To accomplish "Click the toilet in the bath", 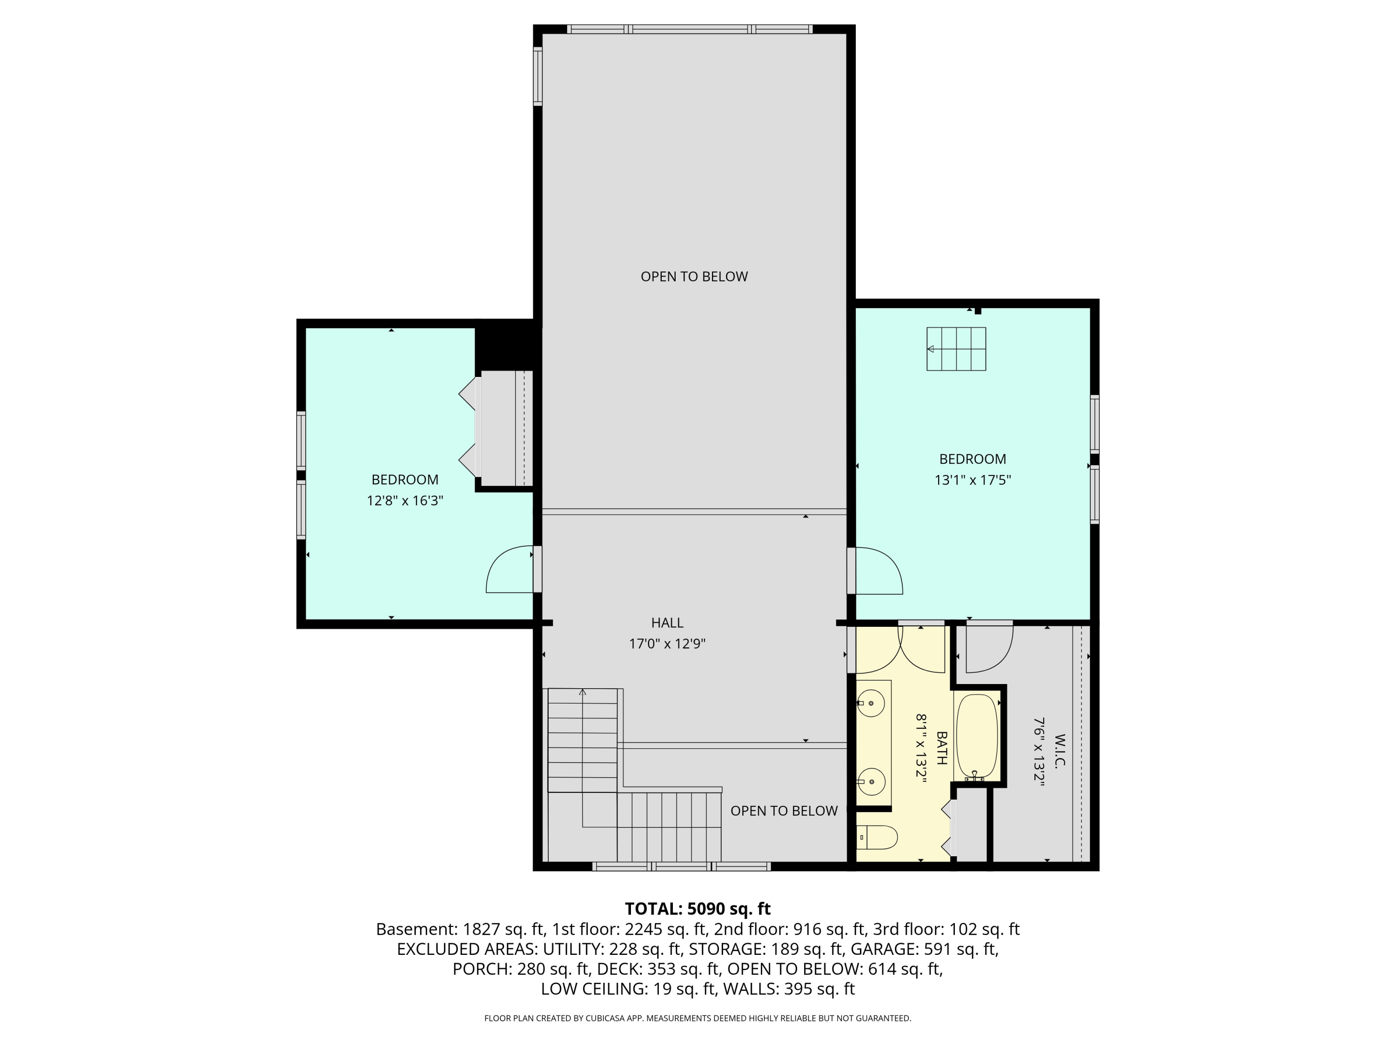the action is click(x=877, y=838).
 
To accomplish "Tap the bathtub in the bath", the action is click(x=977, y=738).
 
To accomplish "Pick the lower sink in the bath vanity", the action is click(x=872, y=781).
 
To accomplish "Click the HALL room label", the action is click(x=667, y=623).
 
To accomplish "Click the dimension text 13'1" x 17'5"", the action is click(x=973, y=480).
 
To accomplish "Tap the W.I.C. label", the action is click(x=1059, y=751).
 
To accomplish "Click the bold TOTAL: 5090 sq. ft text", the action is click(x=698, y=909).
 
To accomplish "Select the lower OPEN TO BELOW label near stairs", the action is click(x=784, y=811).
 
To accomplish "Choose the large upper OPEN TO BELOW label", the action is click(x=694, y=276).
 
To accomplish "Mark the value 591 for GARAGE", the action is click(x=937, y=949).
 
